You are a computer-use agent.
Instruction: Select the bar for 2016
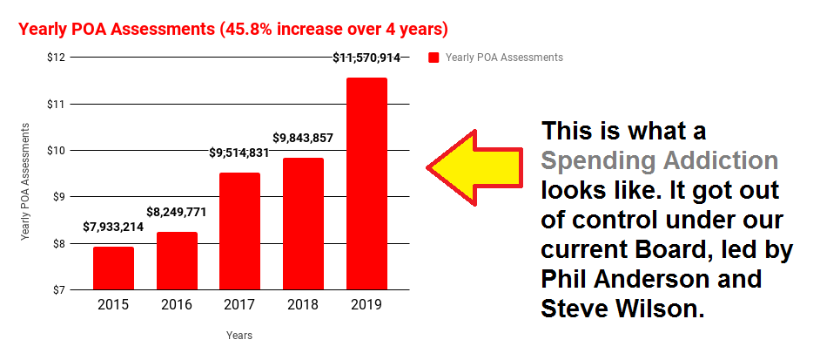coord(177,260)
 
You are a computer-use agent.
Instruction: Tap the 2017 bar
coord(239,231)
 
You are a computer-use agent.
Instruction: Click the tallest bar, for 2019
coord(366,183)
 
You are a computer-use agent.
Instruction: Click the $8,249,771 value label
coord(177,212)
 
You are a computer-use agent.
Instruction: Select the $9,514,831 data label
coord(239,153)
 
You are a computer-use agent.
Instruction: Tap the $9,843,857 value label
coord(303,138)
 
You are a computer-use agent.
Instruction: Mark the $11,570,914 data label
coord(366,58)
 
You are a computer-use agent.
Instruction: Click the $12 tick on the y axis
coord(56,58)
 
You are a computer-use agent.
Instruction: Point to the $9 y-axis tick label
coord(58,197)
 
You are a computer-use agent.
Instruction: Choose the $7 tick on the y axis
coord(58,289)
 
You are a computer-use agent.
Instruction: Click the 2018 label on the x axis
coord(303,307)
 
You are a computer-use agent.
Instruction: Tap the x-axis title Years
coord(239,335)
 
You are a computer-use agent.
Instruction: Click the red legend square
coord(434,58)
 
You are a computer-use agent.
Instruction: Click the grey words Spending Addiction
coord(658,161)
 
